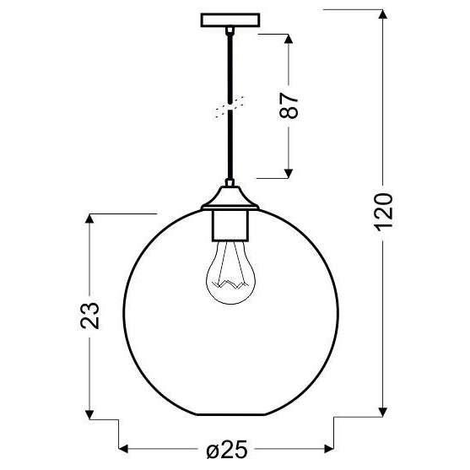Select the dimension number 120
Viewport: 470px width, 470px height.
click(383, 211)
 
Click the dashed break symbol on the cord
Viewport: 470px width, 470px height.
click(226, 108)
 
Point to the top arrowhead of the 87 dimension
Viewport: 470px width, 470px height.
click(290, 41)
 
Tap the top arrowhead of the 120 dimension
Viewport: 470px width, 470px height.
click(383, 14)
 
